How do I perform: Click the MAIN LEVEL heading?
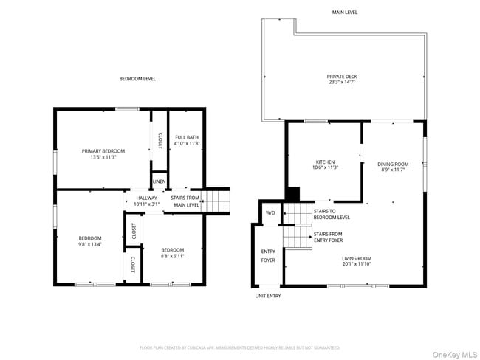(x=345, y=13)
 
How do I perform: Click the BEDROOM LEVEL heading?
(x=138, y=79)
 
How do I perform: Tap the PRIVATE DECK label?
(x=342, y=80)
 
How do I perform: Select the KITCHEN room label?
(x=326, y=165)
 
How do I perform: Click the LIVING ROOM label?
(x=357, y=260)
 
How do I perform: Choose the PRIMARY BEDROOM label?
(x=103, y=153)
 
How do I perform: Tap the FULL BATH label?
(x=186, y=139)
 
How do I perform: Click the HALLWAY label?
(x=147, y=201)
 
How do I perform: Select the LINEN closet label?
(x=159, y=181)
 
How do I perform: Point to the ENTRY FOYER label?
(x=268, y=256)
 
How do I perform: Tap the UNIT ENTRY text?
(x=268, y=296)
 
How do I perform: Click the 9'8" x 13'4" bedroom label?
(x=90, y=240)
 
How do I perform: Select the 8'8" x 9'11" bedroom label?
(x=172, y=252)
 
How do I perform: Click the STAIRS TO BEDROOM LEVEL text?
(x=332, y=214)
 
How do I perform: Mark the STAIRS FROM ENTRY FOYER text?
(x=328, y=237)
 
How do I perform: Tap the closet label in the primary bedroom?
(x=160, y=140)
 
